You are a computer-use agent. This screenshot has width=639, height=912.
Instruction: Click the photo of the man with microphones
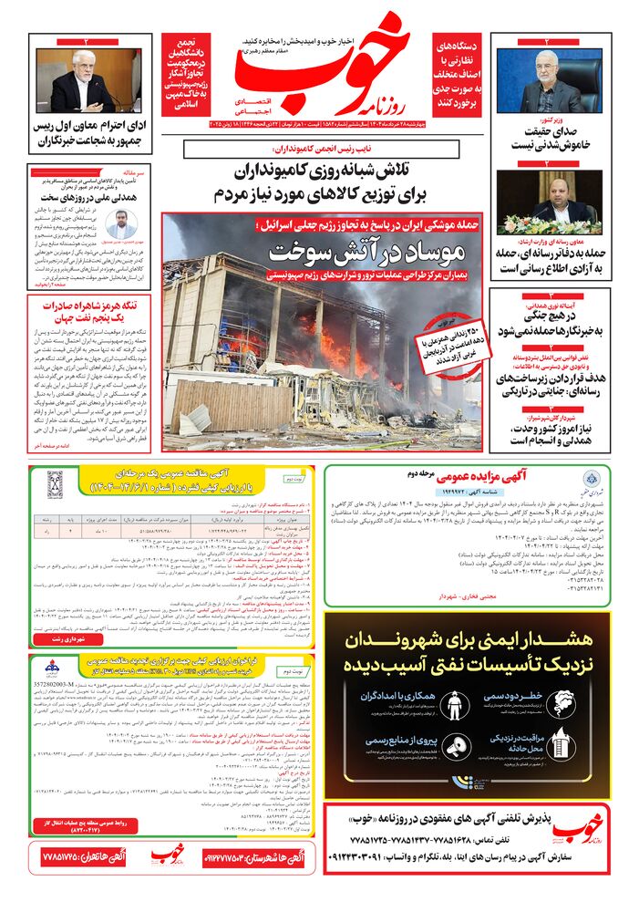[x=88, y=78]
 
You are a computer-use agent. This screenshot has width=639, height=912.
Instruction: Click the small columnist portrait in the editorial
[x=119, y=223]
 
